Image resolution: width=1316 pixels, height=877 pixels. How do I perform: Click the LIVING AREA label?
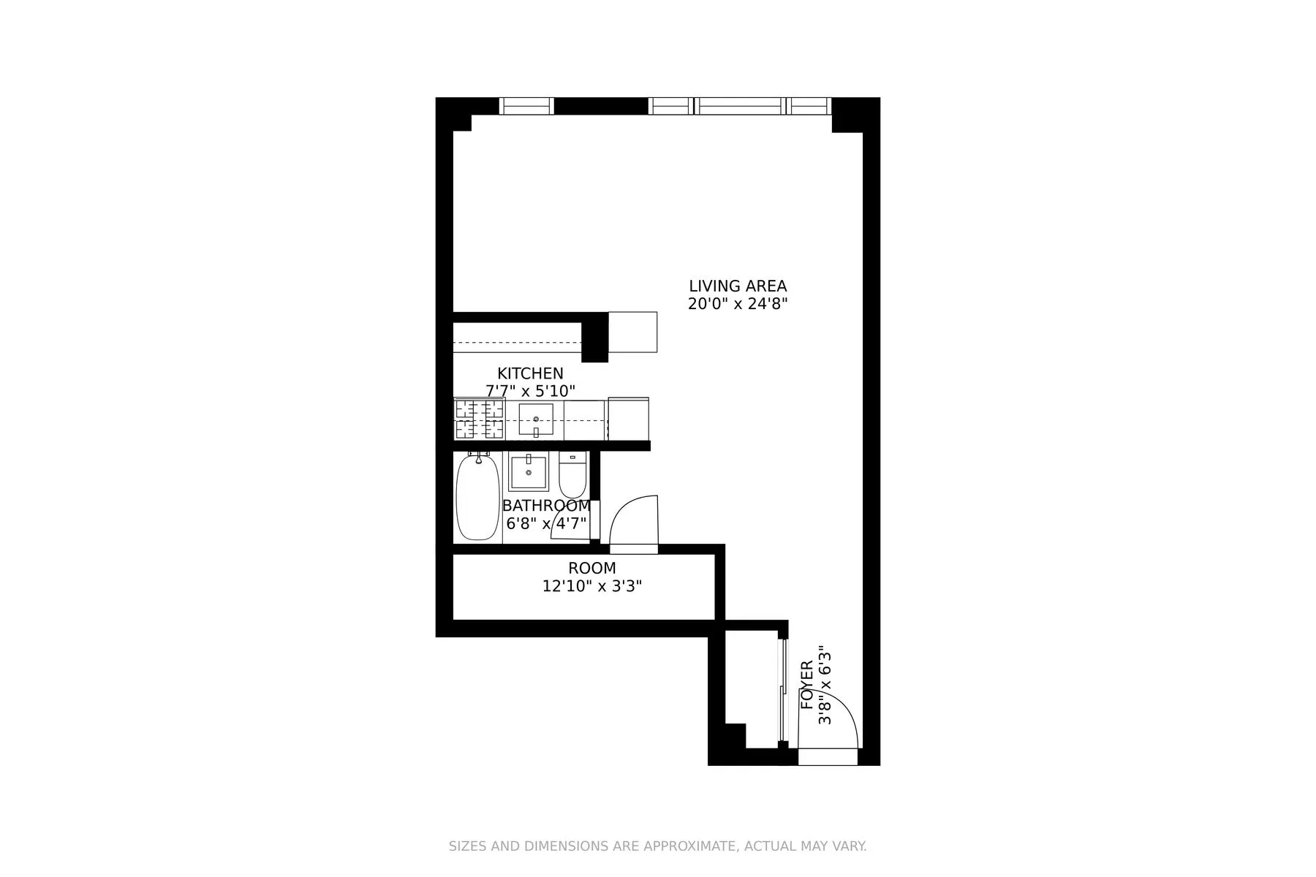(x=738, y=286)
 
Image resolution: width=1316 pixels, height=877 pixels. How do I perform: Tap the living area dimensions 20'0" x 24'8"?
(x=738, y=304)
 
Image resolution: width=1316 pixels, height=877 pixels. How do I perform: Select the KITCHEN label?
(x=530, y=373)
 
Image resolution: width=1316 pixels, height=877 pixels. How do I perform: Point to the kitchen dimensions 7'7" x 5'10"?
(x=530, y=391)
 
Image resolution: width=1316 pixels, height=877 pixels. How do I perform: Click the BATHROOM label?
(x=546, y=506)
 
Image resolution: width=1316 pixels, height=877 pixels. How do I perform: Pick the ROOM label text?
(x=592, y=568)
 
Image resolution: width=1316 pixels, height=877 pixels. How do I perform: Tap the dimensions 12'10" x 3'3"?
(x=592, y=586)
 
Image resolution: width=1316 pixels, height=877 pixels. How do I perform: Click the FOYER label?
(x=807, y=685)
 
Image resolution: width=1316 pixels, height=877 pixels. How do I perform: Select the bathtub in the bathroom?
(x=477, y=497)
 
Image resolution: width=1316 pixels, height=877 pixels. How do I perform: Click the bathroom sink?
(x=529, y=473)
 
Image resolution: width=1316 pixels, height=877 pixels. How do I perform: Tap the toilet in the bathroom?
(x=572, y=476)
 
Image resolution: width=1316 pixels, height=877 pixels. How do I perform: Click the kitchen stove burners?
(x=479, y=419)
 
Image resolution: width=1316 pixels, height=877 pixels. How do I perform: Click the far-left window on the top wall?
(x=526, y=107)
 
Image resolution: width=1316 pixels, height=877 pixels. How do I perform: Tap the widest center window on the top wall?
(x=739, y=107)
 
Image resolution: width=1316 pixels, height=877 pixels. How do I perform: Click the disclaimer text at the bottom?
(x=657, y=846)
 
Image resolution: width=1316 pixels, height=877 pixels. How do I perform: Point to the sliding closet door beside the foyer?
(x=782, y=691)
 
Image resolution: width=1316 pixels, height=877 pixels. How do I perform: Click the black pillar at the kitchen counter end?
(x=594, y=337)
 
